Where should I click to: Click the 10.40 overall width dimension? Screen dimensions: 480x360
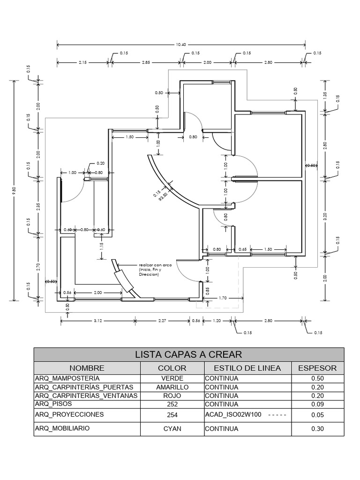point(181,45)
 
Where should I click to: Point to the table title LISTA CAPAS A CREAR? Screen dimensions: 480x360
point(188,354)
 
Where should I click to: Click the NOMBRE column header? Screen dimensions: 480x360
point(87,368)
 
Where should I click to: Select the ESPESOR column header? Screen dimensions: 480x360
point(317,368)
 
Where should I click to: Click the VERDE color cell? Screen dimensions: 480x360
point(172,378)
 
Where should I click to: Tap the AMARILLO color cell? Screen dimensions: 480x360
point(172,387)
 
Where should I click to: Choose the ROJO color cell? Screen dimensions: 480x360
point(172,396)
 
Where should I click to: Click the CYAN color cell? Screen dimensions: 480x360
point(172,428)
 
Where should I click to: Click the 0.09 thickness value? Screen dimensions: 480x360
point(317,404)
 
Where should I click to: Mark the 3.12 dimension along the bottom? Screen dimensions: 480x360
point(98,321)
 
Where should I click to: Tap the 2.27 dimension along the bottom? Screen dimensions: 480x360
point(162,321)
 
